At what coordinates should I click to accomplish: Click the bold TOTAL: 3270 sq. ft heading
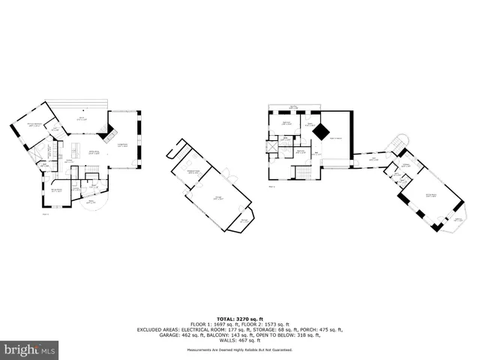coord(239,318)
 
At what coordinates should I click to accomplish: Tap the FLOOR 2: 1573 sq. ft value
coord(267,323)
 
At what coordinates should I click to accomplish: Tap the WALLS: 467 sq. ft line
coord(239,340)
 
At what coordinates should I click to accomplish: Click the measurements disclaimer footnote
coord(239,349)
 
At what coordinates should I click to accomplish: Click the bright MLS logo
coord(30,349)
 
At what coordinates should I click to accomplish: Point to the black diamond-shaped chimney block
coord(321,131)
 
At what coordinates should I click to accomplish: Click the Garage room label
coord(219,199)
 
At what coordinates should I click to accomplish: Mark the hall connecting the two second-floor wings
coord(372,159)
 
